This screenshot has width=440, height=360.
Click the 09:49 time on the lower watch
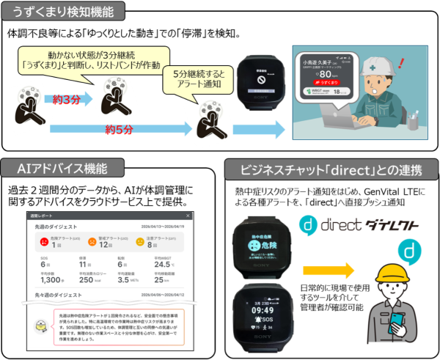pyautogui.click(x=263, y=311)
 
